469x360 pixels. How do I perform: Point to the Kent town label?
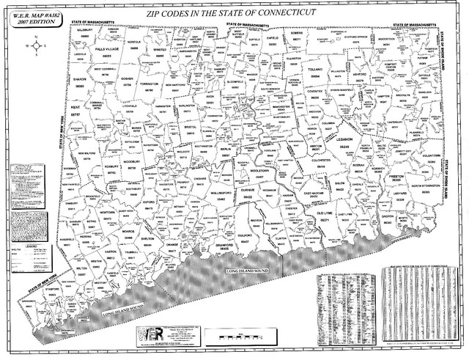(76, 108)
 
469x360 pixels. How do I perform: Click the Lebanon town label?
(344, 139)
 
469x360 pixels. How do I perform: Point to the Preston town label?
(397, 177)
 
